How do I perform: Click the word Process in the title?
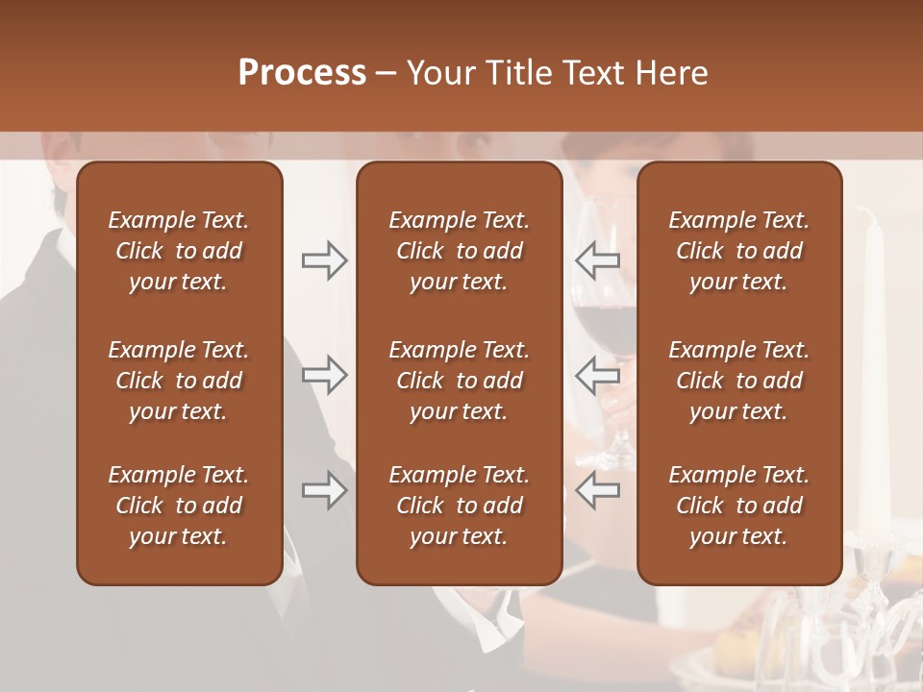click(302, 73)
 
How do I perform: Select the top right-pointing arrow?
click(324, 260)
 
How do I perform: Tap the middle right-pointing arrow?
click(324, 375)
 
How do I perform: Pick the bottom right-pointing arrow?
click(324, 490)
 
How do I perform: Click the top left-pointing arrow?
click(597, 260)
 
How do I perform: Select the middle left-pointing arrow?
click(597, 375)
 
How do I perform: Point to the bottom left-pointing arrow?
click(597, 490)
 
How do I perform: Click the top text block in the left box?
click(179, 251)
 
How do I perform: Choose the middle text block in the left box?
click(179, 381)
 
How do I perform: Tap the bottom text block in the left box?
click(179, 506)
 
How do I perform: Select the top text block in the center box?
click(459, 251)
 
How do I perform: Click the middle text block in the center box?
click(459, 381)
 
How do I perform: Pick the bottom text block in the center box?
click(459, 506)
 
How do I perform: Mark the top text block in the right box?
click(739, 251)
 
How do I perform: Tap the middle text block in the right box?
click(739, 381)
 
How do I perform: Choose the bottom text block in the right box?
click(739, 506)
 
